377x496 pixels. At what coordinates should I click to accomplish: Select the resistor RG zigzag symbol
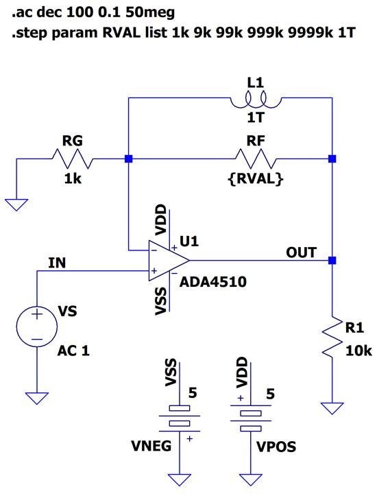tap(72, 159)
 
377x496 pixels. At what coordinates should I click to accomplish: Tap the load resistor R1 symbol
tap(332, 336)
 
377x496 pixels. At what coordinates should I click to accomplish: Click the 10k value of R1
tap(358, 352)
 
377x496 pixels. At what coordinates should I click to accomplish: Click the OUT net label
tap(302, 252)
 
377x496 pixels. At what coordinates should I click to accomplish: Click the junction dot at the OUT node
tap(332, 261)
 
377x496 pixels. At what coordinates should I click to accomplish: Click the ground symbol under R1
tap(332, 408)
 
